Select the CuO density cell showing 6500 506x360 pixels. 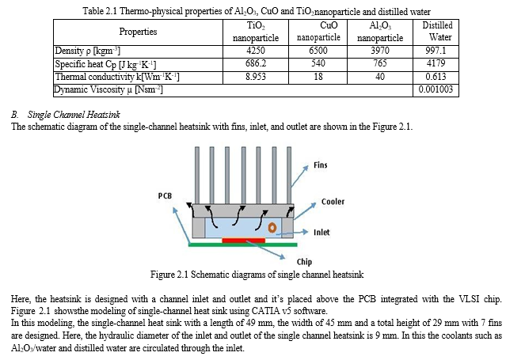pyautogui.click(x=319, y=51)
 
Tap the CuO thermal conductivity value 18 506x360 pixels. pyautogui.click(x=319, y=77)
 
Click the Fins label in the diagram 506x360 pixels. pyautogui.click(x=321, y=165)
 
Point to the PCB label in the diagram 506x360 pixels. pyautogui.click(x=165, y=194)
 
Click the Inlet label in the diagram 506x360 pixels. pyautogui.click(x=321, y=233)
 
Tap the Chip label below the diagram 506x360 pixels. pyautogui.click(x=303, y=262)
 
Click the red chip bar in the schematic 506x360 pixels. pyautogui.click(x=243, y=239)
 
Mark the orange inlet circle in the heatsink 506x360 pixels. pyautogui.click(x=272, y=228)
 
